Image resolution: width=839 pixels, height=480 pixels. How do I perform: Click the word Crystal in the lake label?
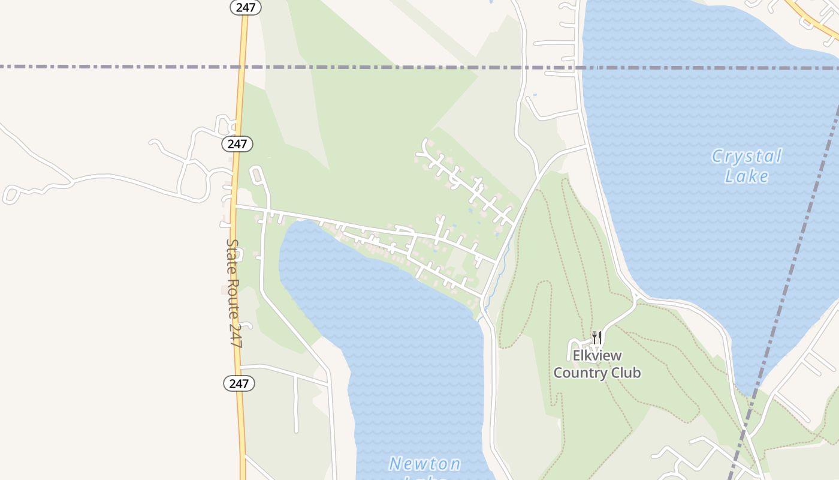coord(746,157)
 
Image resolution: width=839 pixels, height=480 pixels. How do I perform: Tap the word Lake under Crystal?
coord(746,176)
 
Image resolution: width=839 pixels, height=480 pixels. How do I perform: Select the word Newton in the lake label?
coord(425,464)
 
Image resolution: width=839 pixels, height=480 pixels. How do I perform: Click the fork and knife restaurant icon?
coord(596,338)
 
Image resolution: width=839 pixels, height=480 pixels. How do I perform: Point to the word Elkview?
coord(597,356)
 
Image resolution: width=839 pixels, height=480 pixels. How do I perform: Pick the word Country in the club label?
coord(578,373)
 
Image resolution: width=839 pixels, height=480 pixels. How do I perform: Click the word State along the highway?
coord(231,256)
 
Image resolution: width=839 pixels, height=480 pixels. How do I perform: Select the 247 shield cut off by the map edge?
coord(246,7)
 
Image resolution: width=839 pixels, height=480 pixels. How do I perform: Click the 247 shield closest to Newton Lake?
coord(239,383)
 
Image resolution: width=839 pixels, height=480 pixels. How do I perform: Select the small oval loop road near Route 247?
coord(258,175)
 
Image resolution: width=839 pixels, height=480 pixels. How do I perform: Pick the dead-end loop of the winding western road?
coord(11,194)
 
